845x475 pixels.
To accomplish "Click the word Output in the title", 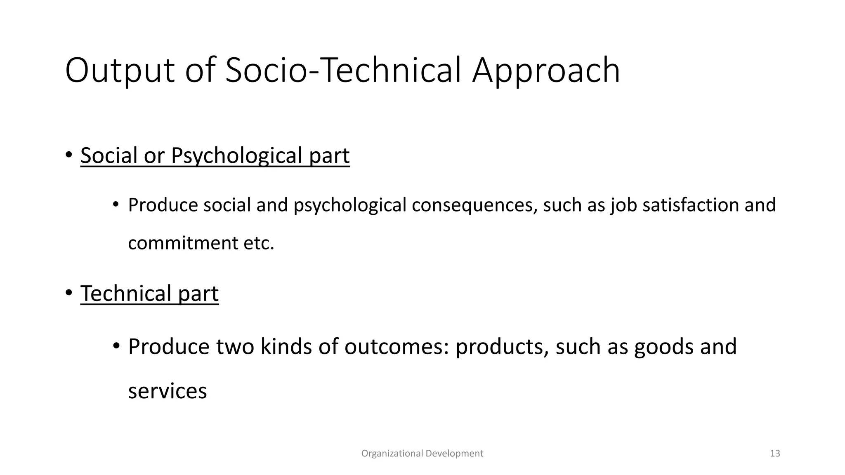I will pos(120,71).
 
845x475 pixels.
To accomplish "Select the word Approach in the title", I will pos(546,71).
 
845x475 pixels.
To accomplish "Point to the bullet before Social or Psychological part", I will pos(68,155).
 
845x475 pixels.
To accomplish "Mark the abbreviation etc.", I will pos(259,243).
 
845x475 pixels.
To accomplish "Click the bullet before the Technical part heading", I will pos(68,293).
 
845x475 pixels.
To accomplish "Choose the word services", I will pos(168,391).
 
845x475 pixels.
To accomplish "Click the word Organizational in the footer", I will pos(392,454).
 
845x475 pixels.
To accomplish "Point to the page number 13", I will pos(775,454).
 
